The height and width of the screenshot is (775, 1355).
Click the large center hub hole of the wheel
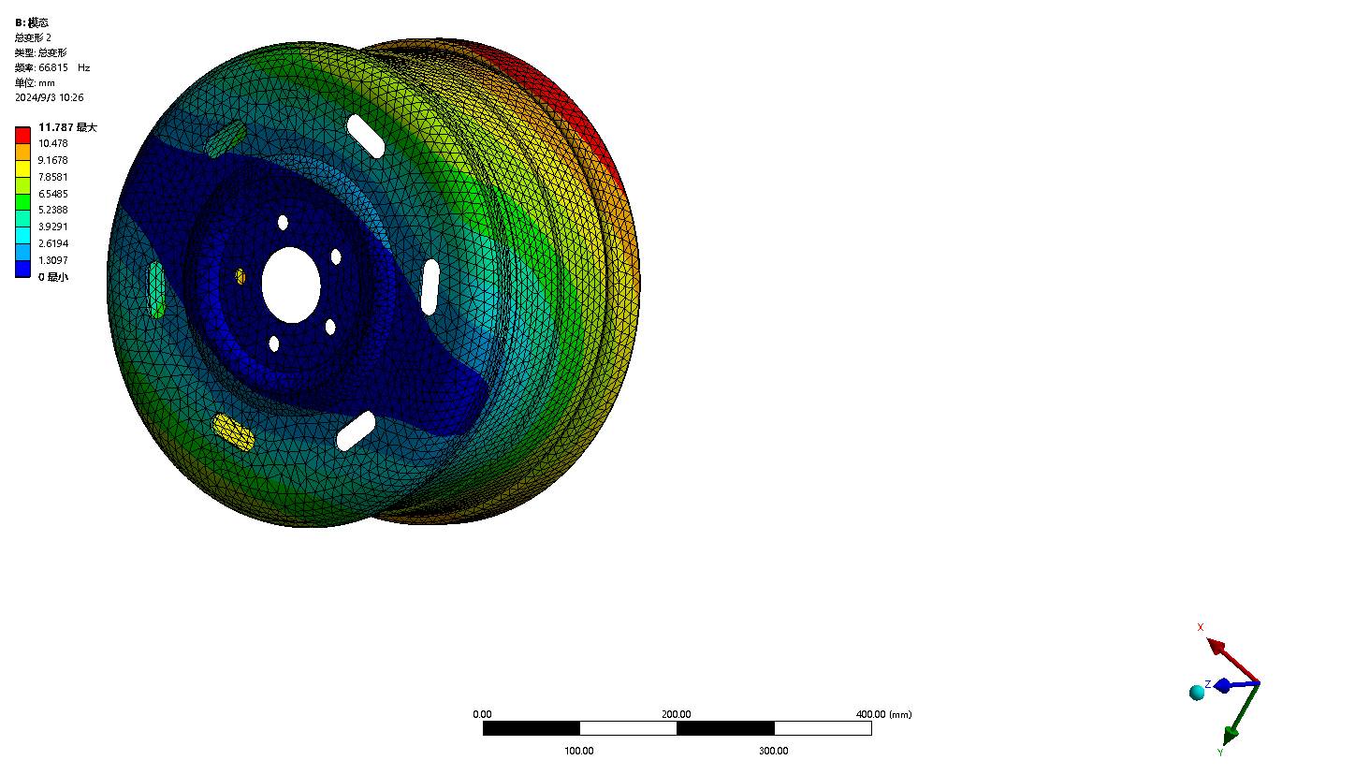pos(291,285)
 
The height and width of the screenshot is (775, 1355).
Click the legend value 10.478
pos(53,143)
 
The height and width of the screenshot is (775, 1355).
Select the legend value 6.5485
pos(53,194)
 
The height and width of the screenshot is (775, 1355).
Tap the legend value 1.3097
pos(53,260)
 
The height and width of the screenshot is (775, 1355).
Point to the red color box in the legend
pos(23,135)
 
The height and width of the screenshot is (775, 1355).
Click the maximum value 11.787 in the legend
pos(55,127)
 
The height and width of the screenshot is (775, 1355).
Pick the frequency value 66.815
pos(53,67)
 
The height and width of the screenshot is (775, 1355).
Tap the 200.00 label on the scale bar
pos(676,714)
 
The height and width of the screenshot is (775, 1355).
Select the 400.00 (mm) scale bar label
pos(883,714)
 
